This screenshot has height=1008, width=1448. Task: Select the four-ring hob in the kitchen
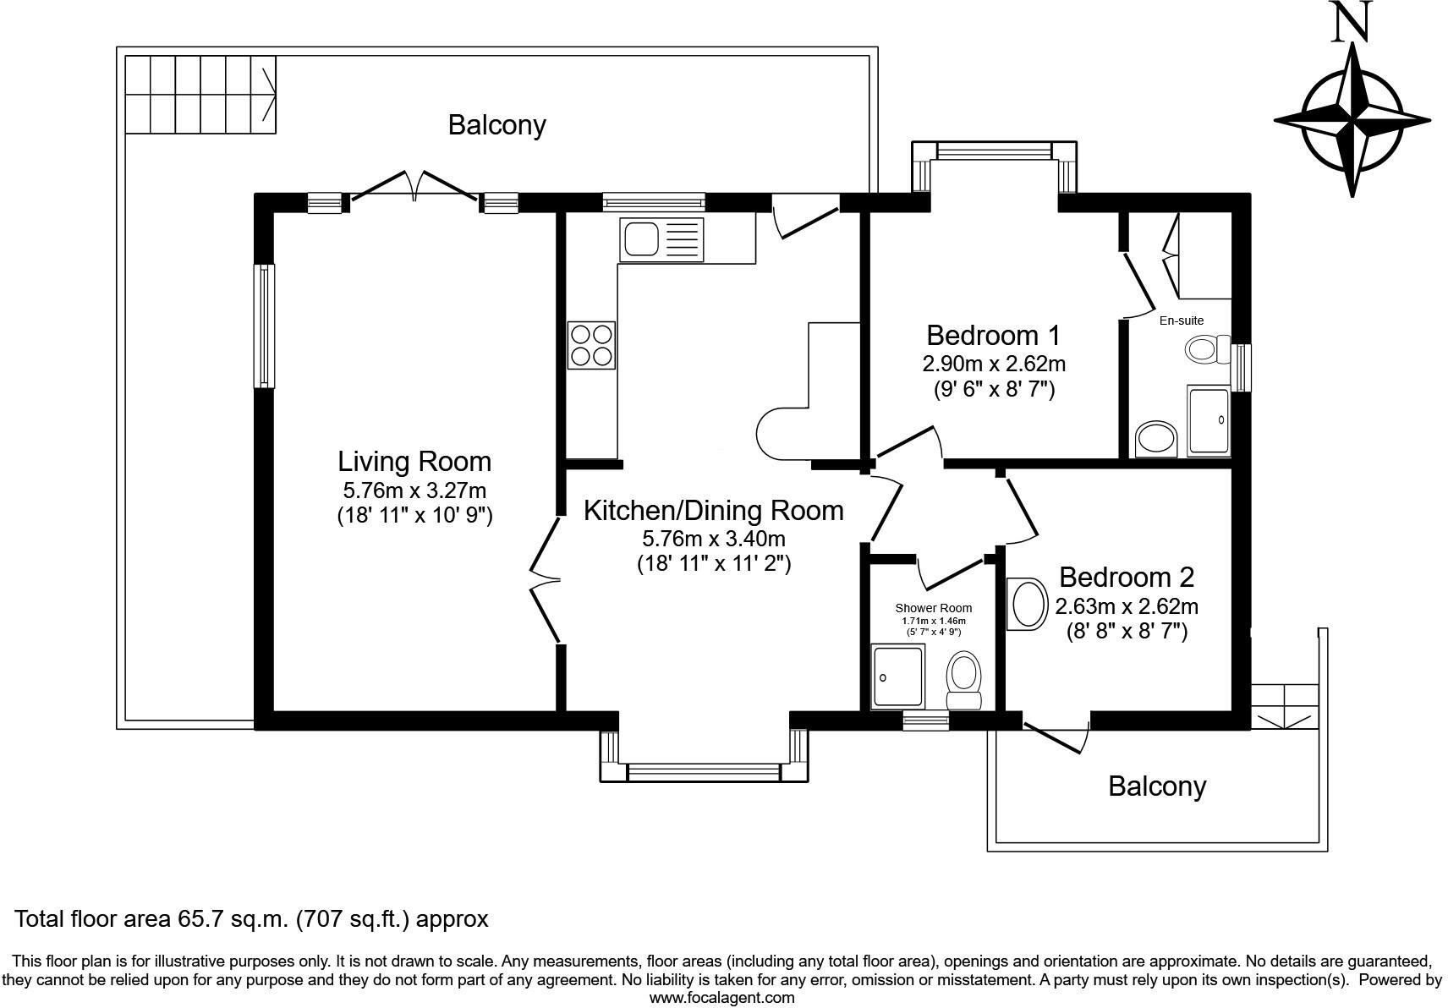[591, 345]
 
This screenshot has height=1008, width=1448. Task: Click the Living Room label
[414, 462]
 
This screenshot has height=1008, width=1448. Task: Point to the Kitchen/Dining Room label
[714, 511]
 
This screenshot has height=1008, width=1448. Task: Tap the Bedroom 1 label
[993, 336]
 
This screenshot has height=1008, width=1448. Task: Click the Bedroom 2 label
[1126, 578]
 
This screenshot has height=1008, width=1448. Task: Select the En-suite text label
[1181, 320]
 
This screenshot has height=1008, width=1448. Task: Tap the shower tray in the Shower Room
[898, 676]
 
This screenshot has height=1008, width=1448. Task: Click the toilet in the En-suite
[1208, 348]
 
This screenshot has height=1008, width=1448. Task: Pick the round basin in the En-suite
[1156, 439]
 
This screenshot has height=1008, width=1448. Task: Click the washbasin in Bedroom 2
[1027, 603]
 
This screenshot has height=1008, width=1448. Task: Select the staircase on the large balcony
[200, 95]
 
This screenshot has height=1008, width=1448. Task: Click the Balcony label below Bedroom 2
[1156, 786]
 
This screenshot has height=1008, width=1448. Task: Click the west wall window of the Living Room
[265, 326]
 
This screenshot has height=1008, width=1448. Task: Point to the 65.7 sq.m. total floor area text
[252, 919]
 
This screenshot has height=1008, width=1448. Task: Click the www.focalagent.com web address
[721, 998]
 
